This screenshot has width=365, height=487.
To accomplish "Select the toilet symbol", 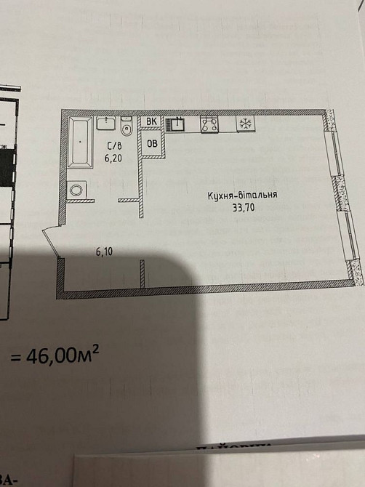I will pos(127,128).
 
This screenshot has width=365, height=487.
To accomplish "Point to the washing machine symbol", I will pos(77,190).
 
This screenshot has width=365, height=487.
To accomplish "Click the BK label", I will pos(152,122).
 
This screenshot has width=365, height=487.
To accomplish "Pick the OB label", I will pos(153,143).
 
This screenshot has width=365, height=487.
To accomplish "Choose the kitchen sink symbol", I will pos(175,125).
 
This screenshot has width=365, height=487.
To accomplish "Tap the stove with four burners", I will pos(209,125).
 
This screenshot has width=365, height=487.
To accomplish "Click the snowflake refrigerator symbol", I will pos(246,125).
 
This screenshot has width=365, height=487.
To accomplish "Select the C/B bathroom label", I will pos(113,144).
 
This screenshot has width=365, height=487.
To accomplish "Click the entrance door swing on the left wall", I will pos(51,241).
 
